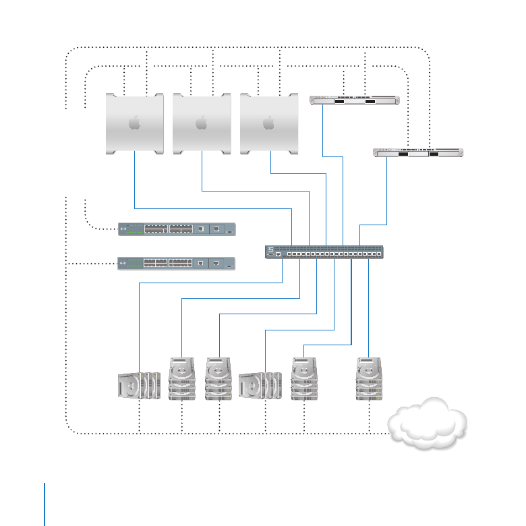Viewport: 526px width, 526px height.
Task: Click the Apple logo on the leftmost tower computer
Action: coord(134,123)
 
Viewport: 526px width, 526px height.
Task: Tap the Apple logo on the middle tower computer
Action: coord(201,123)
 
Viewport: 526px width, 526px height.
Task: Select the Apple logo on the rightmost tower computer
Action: coord(268,123)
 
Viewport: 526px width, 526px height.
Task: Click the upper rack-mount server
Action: coord(353,101)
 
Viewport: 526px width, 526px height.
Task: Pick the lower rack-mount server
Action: coord(418,153)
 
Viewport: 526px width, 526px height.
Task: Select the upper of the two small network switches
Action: coord(177,229)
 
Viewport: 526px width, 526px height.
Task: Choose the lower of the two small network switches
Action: coord(177,263)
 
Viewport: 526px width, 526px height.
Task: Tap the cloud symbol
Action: coord(428,423)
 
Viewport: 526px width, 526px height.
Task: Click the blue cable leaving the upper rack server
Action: coord(323,135)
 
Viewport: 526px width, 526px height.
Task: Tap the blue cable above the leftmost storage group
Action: coord(139,324)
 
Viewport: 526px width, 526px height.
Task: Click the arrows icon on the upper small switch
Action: coord(123,230)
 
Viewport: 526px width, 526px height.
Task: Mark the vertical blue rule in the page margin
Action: coord(45,503)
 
